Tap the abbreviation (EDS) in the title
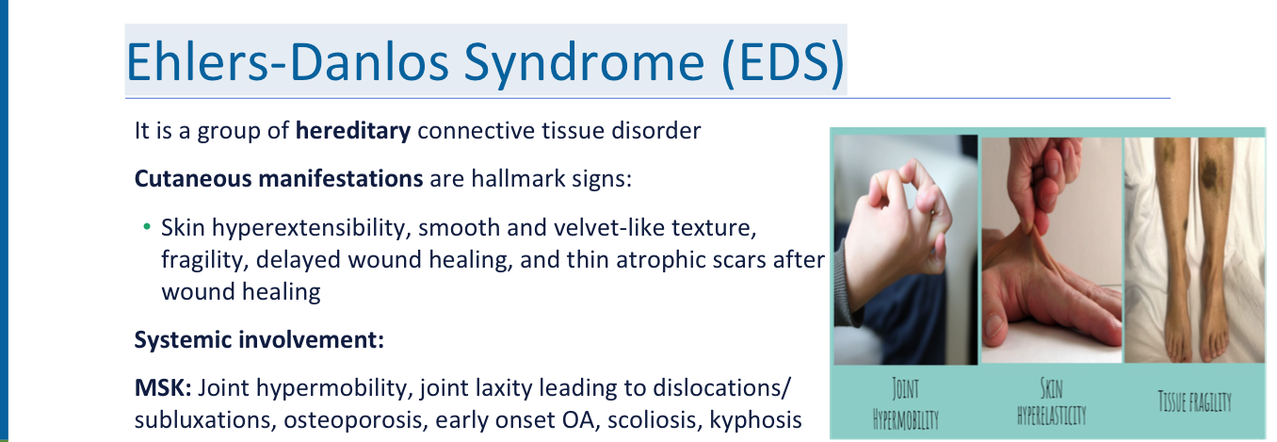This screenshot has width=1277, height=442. click(783, 62)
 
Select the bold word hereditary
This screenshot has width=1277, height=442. click(353, 131)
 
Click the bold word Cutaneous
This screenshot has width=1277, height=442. click(191, 178)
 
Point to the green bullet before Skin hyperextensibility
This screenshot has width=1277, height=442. click(147, 227)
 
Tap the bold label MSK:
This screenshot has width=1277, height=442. click(163, 388)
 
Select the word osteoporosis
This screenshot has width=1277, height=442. click(356, 420)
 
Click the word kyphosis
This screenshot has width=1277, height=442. click(755, 420)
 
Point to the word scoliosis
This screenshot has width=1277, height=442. click(654, 419)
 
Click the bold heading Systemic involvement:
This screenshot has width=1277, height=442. click(259, 340)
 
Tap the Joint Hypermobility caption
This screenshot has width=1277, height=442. click(905, 403)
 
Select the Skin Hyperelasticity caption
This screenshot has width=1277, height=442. click(1052, 401)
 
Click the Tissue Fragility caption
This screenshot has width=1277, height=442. click(1194, 401)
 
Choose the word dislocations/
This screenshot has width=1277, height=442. click(721, 388)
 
